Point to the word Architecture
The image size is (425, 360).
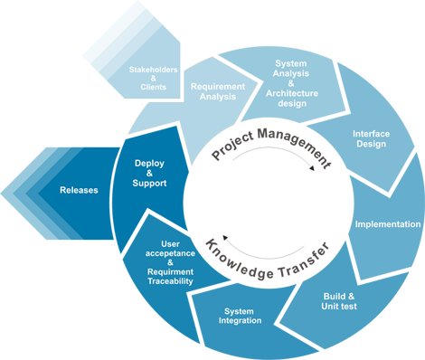(291, 93)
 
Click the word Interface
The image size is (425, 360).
(371, 134)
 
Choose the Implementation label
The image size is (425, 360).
(387, 224)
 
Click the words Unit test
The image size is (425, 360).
(339, 307)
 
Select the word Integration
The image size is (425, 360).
(240, 320)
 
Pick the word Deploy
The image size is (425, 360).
(149, 163)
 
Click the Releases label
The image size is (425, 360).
(79, 190)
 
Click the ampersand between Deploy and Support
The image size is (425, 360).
(149, 173)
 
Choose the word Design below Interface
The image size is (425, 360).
(371, 144)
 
